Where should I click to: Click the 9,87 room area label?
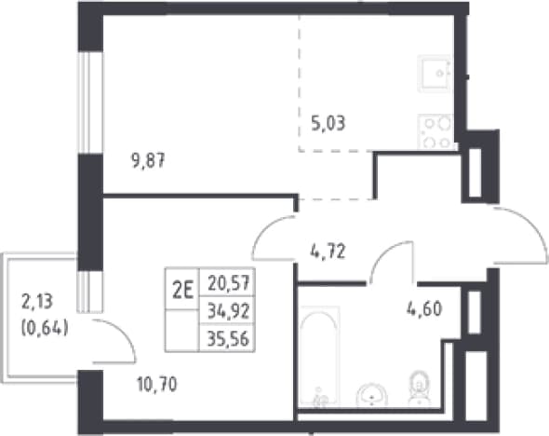(x=148, y=161)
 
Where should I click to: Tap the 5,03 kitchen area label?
(x=328, y=123)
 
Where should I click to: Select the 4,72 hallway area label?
(x=328, y=252)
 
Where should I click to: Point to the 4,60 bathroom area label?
(x=424, y=308)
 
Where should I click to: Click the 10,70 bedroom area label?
(x=157, y=384)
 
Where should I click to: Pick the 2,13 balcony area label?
(x=37, y=302)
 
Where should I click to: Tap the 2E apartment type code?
(x=182, y=290)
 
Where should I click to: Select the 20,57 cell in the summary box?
(x=228, y=283)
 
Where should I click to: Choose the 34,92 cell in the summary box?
(x=228, y=311)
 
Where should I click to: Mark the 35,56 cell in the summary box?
(x=228, y=339)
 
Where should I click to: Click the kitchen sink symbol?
(x=435, y=74)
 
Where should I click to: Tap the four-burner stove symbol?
(x=436, y=132)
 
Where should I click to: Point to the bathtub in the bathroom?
(x=319, y=357)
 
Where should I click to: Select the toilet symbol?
(x=420, y=388)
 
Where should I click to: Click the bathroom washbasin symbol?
(x=372, y=395)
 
